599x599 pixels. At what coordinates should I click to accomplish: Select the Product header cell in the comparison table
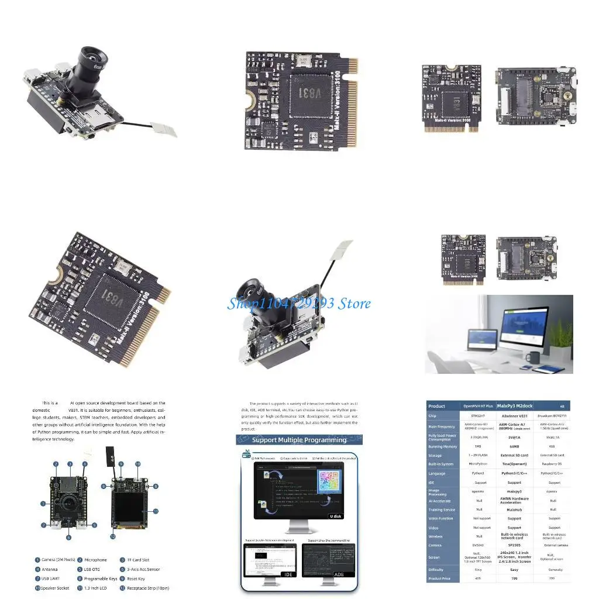click(437, 406)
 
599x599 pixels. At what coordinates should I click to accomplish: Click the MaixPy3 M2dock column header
click(514, 405)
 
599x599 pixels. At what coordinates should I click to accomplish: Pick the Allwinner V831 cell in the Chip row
click(514, 416)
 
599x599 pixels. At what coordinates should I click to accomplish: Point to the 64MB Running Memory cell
click(514, 446)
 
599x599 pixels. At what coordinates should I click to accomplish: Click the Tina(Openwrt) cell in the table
click(514, 464)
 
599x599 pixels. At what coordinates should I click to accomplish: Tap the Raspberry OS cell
click(553, 464)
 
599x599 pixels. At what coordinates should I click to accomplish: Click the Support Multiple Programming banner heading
click(299, 440)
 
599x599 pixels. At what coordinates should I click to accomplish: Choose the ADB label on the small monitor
click(339, 575)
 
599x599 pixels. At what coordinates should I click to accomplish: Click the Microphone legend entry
click(95, 560)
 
